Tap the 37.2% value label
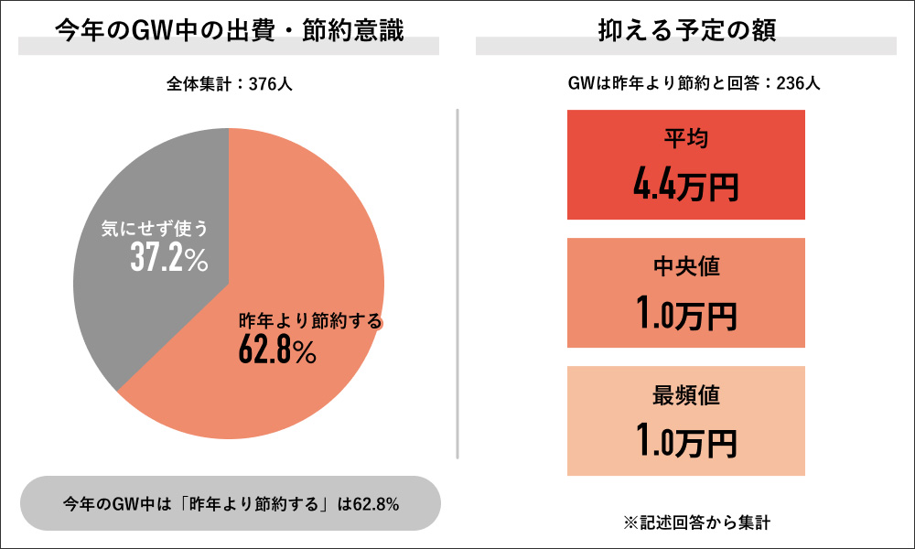[168, 259]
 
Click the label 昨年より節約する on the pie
[309, 321]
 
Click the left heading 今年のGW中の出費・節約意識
[229, 29]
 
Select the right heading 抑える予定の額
[686, 29]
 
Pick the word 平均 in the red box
[686, 139]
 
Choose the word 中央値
[686, 267]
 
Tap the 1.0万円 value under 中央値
[686, 315]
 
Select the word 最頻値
[686, 395]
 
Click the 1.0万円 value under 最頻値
[686, 443]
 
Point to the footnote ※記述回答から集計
[686, 524]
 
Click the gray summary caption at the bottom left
[229, 504]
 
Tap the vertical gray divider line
[457, 284]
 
